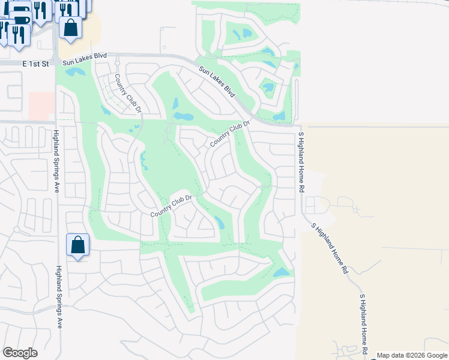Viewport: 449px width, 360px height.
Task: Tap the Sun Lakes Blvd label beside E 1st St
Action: (85, 56)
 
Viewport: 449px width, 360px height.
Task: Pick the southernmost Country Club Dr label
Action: (170, 206)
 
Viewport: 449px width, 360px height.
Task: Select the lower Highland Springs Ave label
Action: (59, 297)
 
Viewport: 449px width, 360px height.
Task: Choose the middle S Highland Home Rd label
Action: (330, 248)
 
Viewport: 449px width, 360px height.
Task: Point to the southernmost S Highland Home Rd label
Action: (363, 324)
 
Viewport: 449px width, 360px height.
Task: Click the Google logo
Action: (20, 353)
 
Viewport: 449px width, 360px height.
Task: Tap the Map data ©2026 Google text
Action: (412, 355)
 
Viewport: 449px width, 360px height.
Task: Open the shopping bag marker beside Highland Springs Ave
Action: (78, 245)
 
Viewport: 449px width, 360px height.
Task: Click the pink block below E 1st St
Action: (41, 106)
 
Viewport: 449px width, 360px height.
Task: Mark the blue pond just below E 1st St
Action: (76, 72)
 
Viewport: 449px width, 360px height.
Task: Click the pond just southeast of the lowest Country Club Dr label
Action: (219, 223)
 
